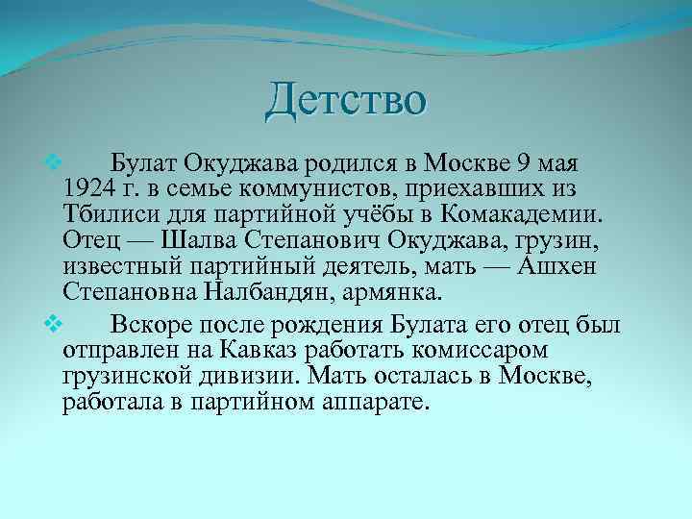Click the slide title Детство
point(346,100)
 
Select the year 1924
point(88,185)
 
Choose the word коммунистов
point(320,185)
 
